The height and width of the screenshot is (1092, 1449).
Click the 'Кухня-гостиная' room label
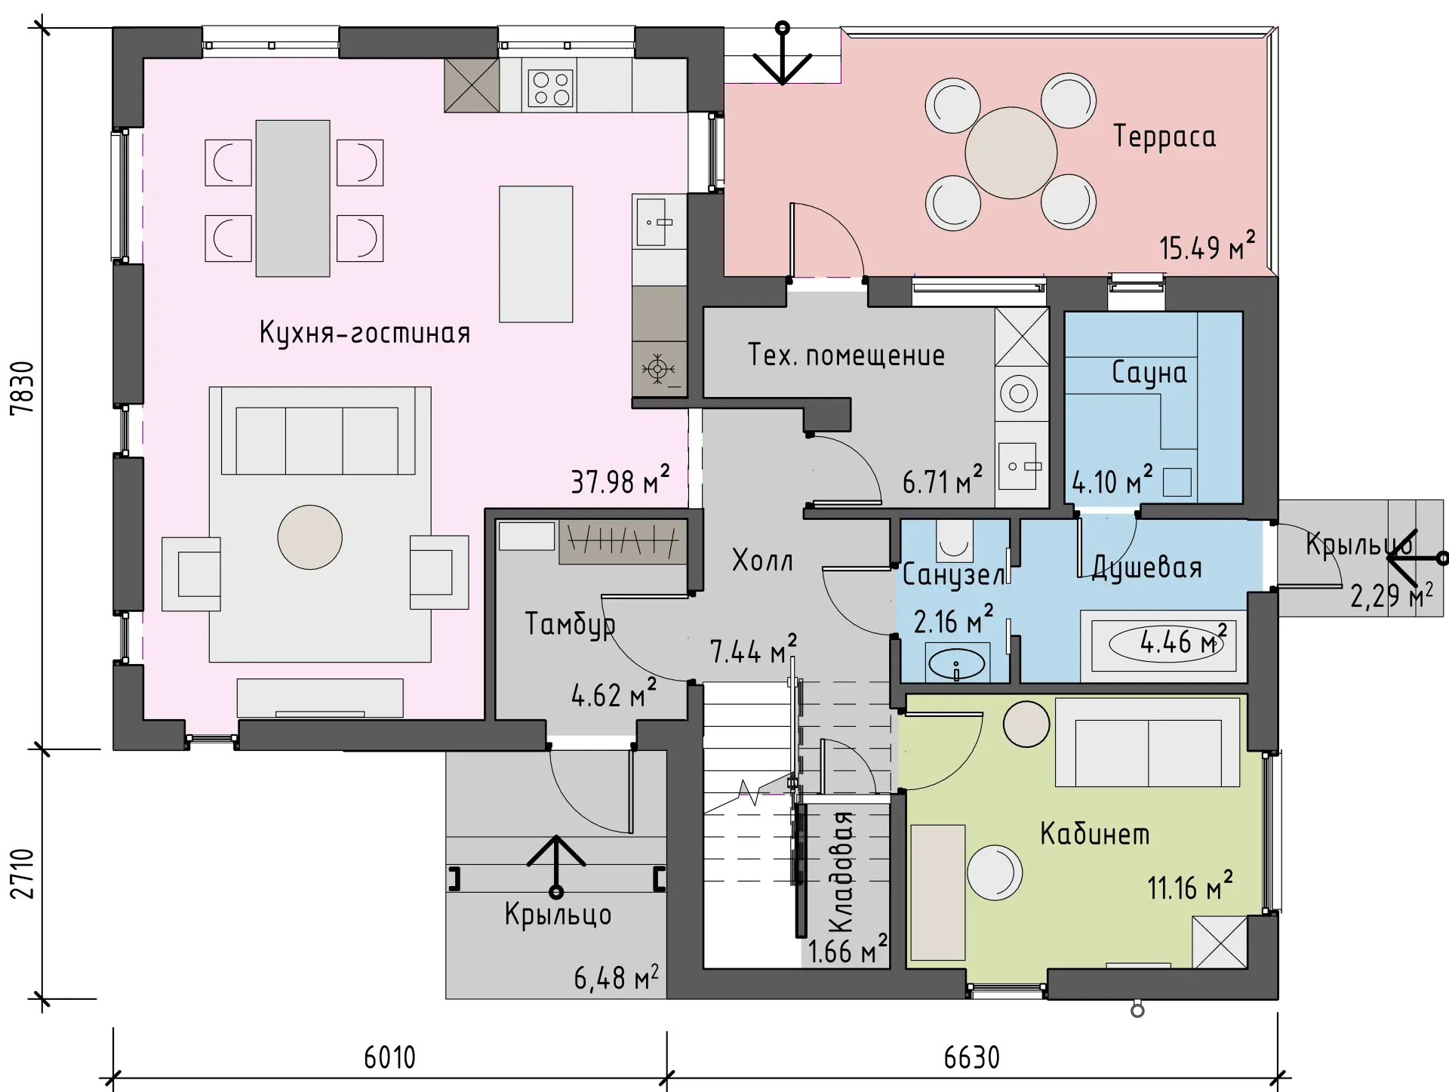pyautogui.click(x=365, y=333)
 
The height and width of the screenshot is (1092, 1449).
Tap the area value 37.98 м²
pyautogui.click(x=620, y=480)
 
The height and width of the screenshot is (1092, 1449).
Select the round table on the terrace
pyautogui.click(x=1011, y=152)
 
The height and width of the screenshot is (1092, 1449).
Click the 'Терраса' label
pyautogui.click(x=1164, y=137)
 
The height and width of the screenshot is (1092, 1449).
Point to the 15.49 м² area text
pyautogui.click(x=1207, y=247)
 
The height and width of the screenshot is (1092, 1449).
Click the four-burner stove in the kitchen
pyautogui.click(x=550, y=88)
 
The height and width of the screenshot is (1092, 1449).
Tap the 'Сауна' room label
pyautogui.click(x=1149, y=373)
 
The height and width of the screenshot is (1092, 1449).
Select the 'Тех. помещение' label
pyautogui.click(x=846, y=355)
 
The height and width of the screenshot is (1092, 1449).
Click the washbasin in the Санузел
pyautogui.click(x=956, y=664)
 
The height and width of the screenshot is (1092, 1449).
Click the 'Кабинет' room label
pyautogui.click(x=1095, y=833)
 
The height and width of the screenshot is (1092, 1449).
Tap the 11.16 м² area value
pyautogui.click(x=1190, y=887)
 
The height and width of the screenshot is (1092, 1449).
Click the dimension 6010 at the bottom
pyautogui.click(x=389, y=1057)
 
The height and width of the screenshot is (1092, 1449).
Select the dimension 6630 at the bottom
pyautogui.click(x=972, y=1057)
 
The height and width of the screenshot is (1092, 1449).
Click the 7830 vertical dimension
pyautogui.click(x=23, y=388)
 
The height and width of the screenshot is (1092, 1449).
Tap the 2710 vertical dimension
pyautogui.click(x=23, y=874)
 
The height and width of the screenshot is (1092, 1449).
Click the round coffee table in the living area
pyautogui.click(x=309, y=537)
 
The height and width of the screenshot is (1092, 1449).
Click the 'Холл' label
pyautogui.click(x=762, y=561)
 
